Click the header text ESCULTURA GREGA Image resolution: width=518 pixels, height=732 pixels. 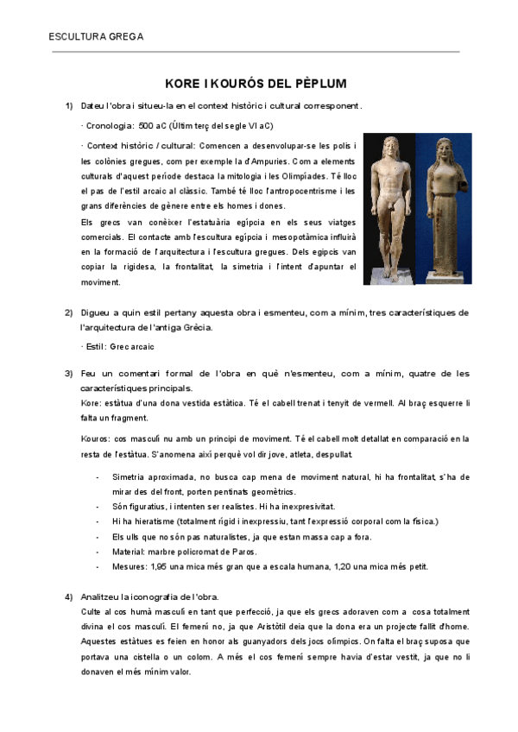[96, 36]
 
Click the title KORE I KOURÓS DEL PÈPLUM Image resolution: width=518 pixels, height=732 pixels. [256, 84]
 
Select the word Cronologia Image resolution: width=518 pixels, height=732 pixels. [108, 125]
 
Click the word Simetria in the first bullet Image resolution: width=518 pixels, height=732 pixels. [130, 476]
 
